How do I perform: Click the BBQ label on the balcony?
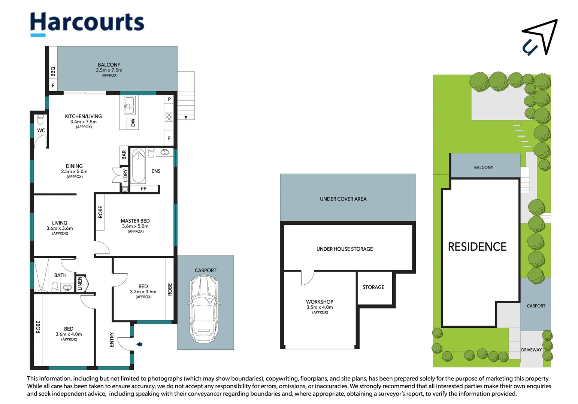(53, 71)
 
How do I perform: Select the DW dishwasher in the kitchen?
(133, 123)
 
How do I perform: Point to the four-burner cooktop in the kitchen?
(169, 117)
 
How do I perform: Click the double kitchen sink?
(129, 105)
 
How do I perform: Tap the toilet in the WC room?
(40, 120)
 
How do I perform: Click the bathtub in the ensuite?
(139, 166)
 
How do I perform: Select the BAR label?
(124, 155)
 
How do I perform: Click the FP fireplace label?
(144, 189)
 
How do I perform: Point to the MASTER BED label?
(135, 221)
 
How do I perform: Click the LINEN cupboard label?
(80, 284)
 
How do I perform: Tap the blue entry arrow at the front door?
(139, 344)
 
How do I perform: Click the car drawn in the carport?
(204, 309)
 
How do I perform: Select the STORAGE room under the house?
(375, 288)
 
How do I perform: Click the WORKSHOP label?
(320, 302)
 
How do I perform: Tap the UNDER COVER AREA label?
(343, 199)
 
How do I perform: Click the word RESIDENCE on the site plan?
(477, 247)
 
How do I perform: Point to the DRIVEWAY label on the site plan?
(531, 350)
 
